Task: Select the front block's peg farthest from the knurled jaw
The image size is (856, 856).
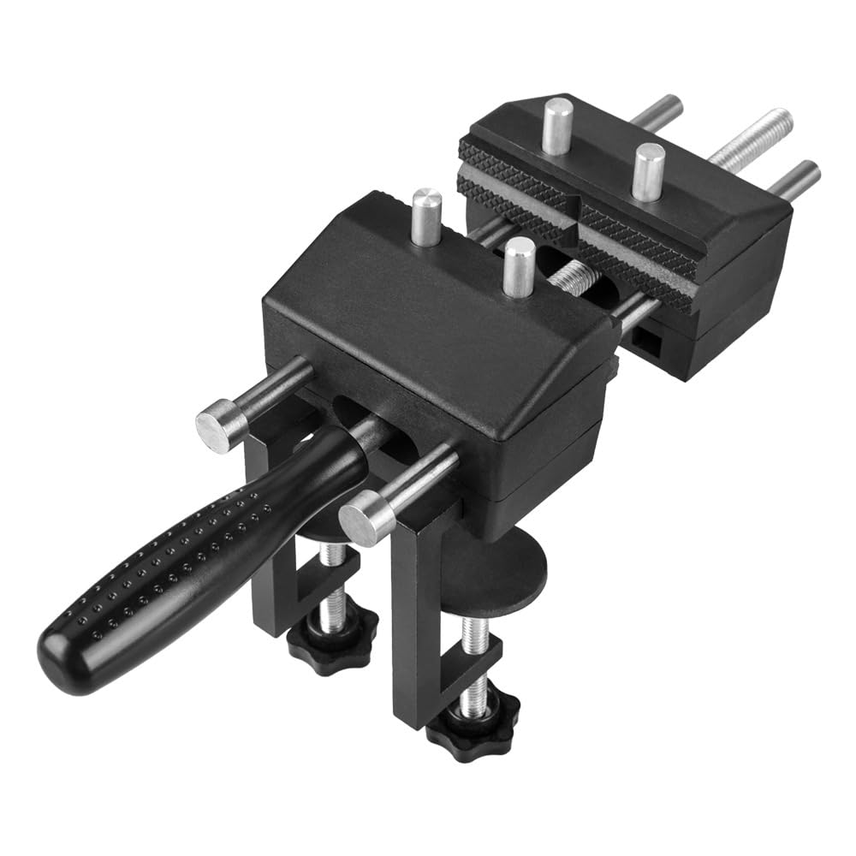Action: pyautogui.click(x=426, y=218)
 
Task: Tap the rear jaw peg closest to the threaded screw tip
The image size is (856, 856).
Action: pyautogui.click(x=648, y=171)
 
